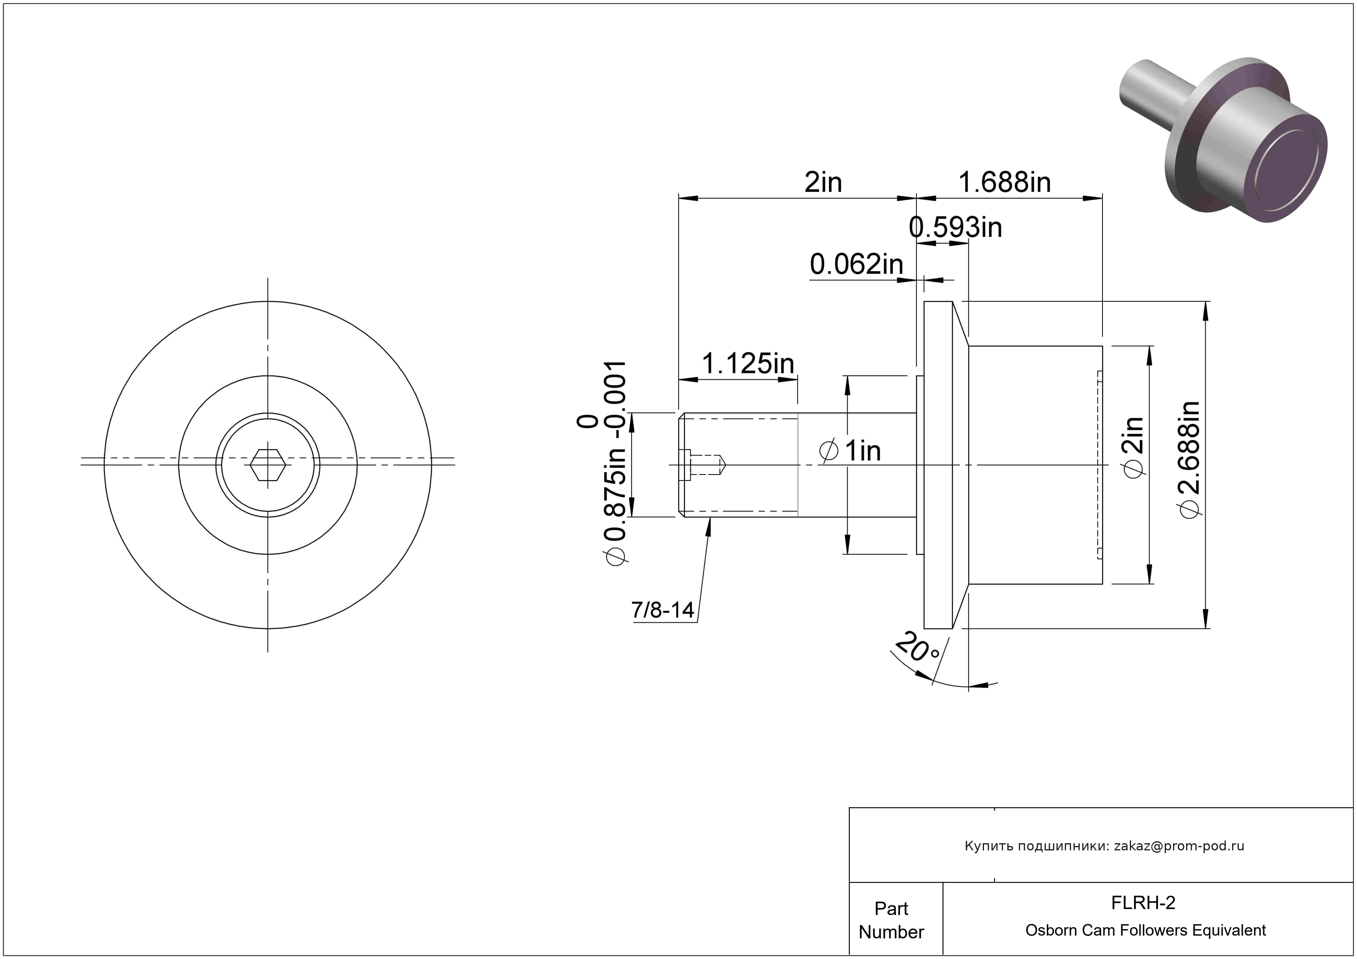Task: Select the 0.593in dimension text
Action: (x=955, y=228)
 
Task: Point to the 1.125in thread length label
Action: (x=748, y=364)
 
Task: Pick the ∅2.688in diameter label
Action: (x=1189, y=460)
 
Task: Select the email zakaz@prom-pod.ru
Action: (x=1179, y=846)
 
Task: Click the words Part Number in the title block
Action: (x=891, y=920)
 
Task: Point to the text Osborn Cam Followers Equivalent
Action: (x=1145, y=930)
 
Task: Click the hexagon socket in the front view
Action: (x=268, y=465)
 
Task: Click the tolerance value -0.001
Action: (x=616, y=400)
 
